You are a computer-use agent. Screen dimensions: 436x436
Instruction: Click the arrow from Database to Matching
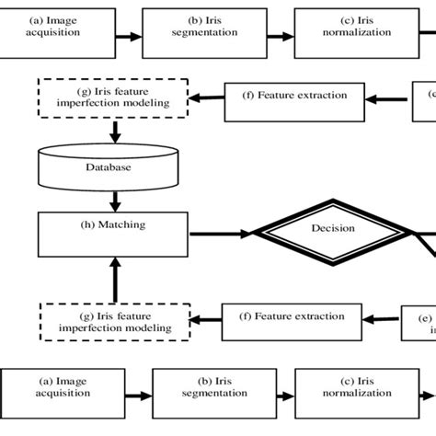(114, 200)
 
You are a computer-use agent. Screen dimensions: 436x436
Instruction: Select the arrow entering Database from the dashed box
(114, 132)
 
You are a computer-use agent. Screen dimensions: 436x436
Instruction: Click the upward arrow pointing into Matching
(114, 277)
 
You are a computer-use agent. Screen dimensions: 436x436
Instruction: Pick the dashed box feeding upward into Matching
(114, 321)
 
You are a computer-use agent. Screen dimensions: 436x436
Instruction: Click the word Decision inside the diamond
(333, 229)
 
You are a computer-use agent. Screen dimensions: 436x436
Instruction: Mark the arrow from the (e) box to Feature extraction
(382, 319)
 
